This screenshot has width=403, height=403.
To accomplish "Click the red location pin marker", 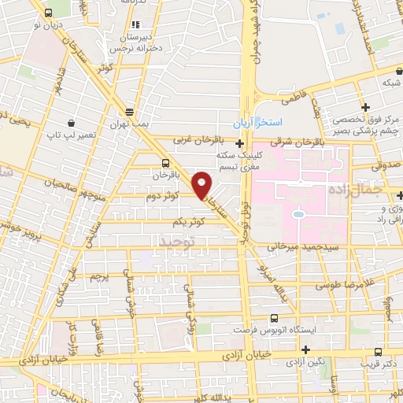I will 203,185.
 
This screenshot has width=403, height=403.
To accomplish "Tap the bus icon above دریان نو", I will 50,13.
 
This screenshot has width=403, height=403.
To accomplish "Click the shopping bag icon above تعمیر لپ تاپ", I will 72,123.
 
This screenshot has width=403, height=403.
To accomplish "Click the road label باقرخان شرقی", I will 292,142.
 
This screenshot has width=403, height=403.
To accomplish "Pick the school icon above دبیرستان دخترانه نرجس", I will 136,24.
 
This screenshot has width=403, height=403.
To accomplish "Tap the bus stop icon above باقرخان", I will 153,163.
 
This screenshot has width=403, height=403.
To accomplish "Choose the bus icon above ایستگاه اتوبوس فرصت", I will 273,318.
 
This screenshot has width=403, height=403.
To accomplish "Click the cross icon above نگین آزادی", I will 307,349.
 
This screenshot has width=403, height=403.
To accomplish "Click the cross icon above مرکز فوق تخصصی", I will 364,107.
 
